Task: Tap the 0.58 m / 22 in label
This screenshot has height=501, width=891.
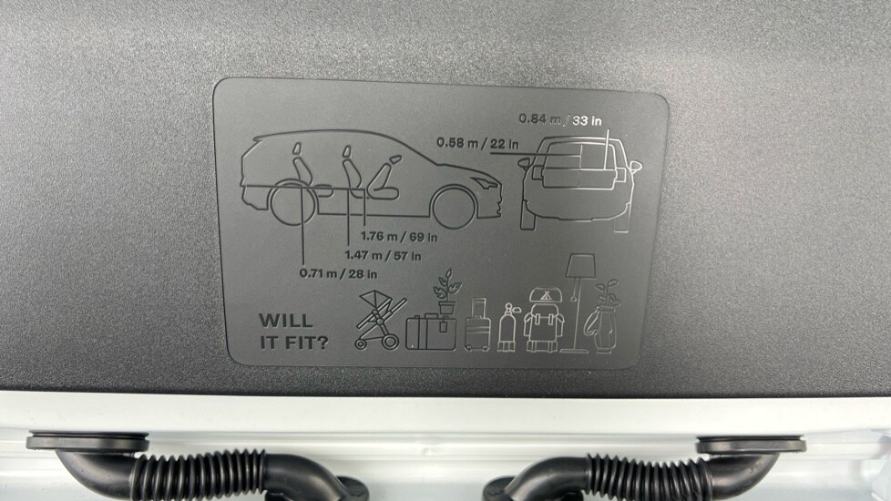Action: [477, 143]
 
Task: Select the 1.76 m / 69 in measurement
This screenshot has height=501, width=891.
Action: [399, 236]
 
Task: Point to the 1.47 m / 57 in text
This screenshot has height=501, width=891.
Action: [383, 256]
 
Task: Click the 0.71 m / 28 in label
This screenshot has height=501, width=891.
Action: [338, 274]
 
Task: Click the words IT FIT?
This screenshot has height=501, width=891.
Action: [293, 343]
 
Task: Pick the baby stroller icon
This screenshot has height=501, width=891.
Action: [379, 319]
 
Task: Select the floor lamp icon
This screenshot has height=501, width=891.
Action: [579, 302]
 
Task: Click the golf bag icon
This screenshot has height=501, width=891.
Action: [601, 317]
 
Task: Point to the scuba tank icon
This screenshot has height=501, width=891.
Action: [507, 327]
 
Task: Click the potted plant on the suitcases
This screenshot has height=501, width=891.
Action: [446, 291]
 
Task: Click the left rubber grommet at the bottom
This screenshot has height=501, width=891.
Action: [87, 442]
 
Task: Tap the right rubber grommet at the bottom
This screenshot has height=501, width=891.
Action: [751, 444]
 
